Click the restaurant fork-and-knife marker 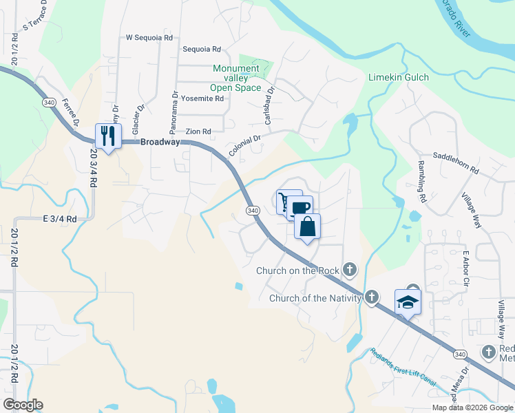point(108,135)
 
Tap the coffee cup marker point(300,208)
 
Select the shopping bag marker point(308,226)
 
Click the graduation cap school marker point(408,301)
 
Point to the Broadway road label point(160,142)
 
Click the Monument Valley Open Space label point(236,78)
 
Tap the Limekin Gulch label point(399,78)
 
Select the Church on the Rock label point(298,271)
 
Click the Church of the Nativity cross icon point(372,297)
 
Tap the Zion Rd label point(198,131)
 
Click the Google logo point(23,405)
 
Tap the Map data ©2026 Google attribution point(472,407)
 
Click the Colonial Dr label point(245,145)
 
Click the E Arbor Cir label point(466,270)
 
